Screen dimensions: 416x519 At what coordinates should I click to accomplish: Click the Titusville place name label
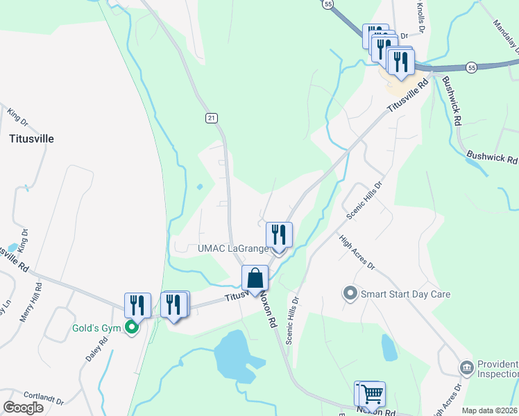click(31, 138)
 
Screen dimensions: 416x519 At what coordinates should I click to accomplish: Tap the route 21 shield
click(211, 118)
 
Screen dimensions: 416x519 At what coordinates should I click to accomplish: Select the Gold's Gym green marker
click(132, 328)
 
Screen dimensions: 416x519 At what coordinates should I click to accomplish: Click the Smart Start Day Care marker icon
click(350, 293)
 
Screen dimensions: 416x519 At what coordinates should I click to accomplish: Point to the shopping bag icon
click(255, 278)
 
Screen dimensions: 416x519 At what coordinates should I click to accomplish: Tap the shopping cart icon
click(372, 394)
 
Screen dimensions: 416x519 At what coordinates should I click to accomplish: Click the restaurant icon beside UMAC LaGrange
click(279, 234)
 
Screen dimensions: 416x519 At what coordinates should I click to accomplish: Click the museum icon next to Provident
click(466, 365)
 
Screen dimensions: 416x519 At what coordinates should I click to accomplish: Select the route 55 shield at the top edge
click(327, 4)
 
